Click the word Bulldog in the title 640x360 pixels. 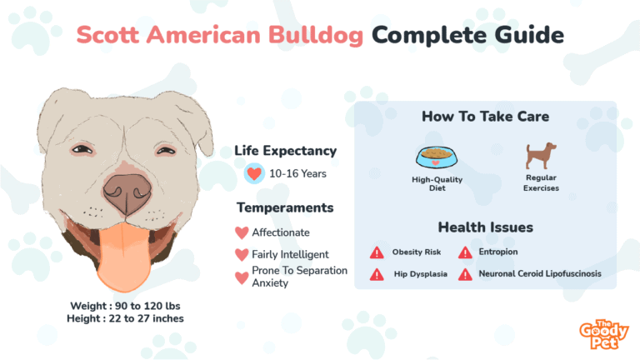(x=316, y=36)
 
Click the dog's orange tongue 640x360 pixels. (x=124, y=257)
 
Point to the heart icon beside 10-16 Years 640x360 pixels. (x=254, y=173)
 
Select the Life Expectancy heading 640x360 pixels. (x=285, y=151)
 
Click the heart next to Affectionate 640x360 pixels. (x=242, y=232)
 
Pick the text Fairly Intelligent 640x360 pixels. (x=290, y=254)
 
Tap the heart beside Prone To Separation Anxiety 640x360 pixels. (x=242, y=277)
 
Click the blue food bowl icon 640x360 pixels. (x=437, y=157)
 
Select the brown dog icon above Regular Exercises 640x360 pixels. (x=541, y=156)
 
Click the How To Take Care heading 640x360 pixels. (x=485, y=117)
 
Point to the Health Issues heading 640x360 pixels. (x=485, y=227)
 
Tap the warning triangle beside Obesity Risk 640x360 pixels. (x=377, y=252)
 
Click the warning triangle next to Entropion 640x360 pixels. (x=465, y=252)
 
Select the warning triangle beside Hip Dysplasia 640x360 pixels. (x=377, y=274)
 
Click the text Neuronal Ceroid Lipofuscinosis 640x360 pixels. (x=540, y=273)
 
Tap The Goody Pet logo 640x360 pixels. (x=604, y=334)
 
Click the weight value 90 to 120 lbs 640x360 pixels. (x=147, y=306)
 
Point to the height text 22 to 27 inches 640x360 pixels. (x=146, y=318)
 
